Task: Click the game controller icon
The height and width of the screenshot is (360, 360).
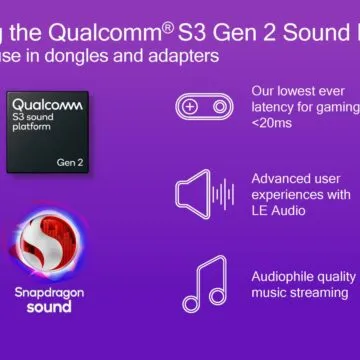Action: (x=206, y=107)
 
